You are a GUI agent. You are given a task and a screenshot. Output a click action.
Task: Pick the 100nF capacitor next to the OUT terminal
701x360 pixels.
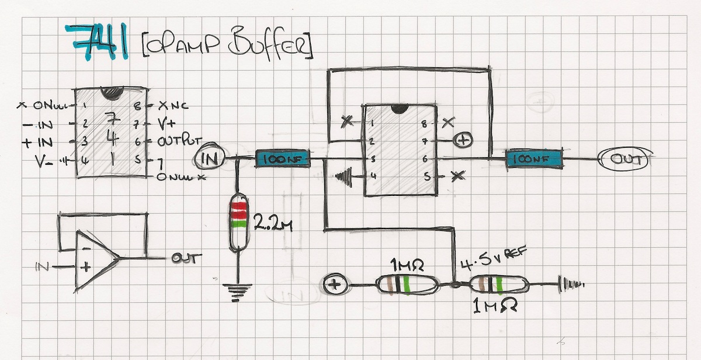click(x=533, y=158)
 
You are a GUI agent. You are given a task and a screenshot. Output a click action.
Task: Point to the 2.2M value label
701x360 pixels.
click(x=272, y=223)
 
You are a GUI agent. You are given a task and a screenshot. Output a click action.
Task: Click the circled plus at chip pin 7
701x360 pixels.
click(x=463, y=141)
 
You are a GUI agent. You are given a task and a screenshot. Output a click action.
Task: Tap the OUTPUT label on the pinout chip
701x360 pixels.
click(x=181, y=142)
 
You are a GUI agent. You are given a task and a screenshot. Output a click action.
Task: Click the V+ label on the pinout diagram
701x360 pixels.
click(x=168, y=124)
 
